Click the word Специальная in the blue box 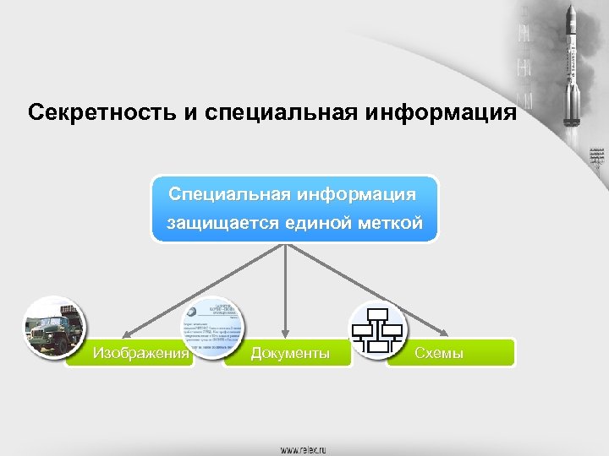[228, 194]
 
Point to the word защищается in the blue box [215, 225]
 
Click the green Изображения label [140, 353]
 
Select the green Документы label [290, 353]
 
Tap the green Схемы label [439, 353]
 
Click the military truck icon [52, 328]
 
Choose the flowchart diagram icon [378, 329]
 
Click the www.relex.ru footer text [304, 449]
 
